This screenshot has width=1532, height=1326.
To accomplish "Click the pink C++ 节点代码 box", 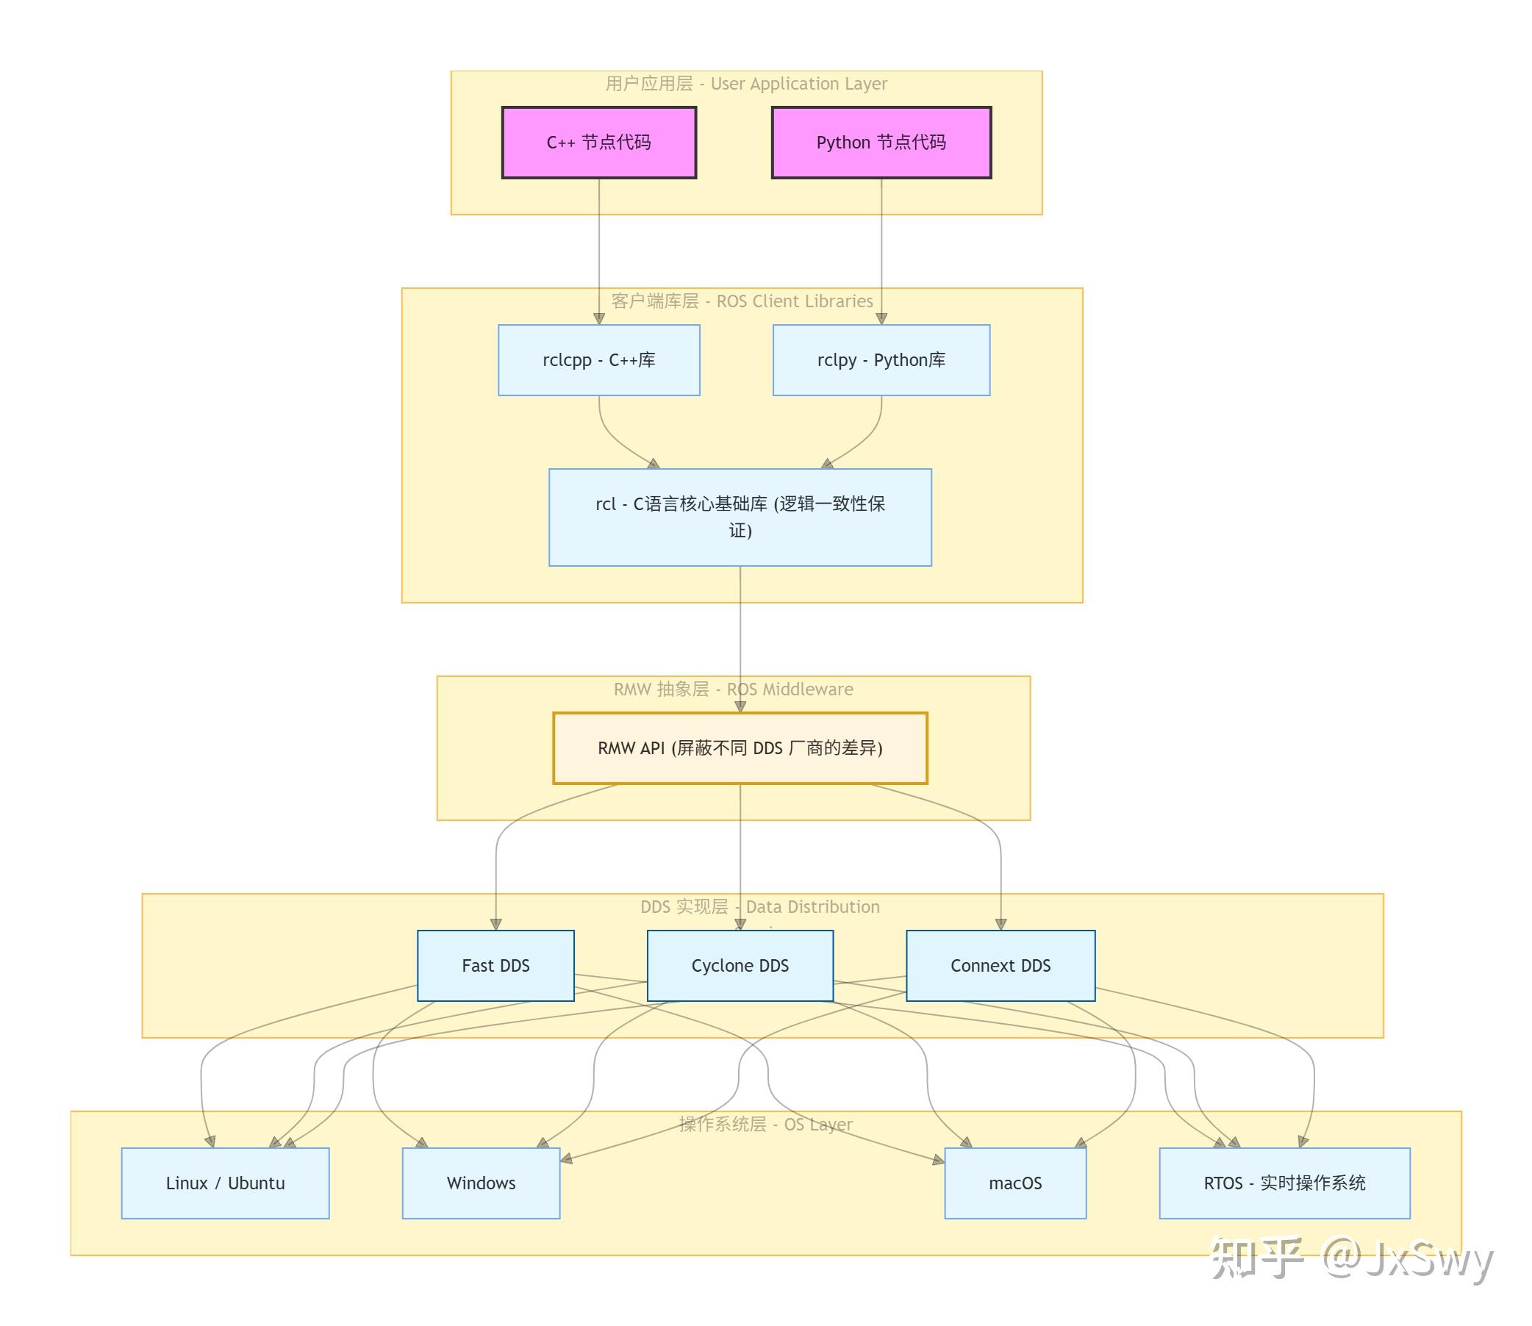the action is click(598, 142).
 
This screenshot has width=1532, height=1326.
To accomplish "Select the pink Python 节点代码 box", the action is click(881, 142).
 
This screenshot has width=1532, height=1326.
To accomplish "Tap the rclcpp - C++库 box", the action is click(598, 359).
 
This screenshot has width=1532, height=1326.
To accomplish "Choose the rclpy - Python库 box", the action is click(881, 359).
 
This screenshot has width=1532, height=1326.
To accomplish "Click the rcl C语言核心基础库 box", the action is click(740, 517).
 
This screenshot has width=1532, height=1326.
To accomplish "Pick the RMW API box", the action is click(740, 748).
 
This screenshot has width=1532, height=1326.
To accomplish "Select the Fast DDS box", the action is click(496, 966).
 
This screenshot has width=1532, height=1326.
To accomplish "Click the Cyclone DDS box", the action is click(740, 966).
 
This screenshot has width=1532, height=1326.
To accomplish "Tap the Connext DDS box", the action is click(1001, 966).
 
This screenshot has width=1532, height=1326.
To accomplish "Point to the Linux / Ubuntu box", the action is click(225, 1183).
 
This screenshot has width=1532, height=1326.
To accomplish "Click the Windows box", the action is click(481, 1183).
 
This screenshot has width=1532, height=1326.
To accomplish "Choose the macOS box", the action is click(1015, 1183).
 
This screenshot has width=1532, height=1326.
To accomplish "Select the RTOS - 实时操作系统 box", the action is click(1285, 1183).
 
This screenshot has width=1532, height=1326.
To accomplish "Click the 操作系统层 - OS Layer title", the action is click(766, 1124).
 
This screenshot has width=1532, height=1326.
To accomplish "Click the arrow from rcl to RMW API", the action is click(740, 639).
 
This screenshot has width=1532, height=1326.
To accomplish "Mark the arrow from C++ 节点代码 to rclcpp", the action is click(598, 251).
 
